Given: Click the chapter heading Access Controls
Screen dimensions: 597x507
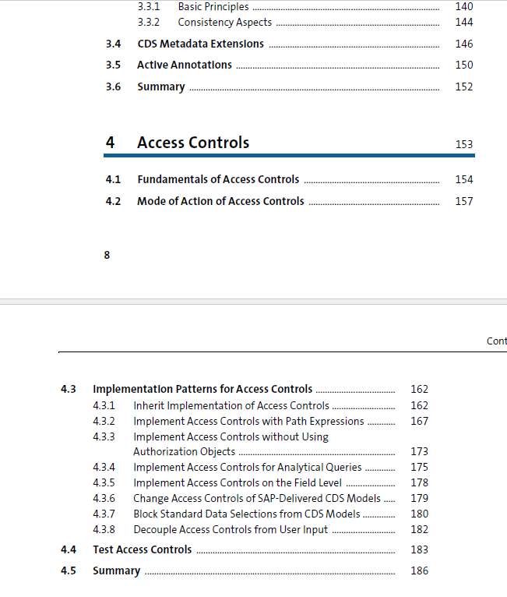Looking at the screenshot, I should (x=193, y=143).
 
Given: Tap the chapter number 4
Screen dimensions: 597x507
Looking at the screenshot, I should (x=110, y=143).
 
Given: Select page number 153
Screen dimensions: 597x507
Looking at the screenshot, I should (x=464, y=144).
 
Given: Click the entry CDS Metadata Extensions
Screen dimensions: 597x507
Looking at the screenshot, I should (x=200, y=44).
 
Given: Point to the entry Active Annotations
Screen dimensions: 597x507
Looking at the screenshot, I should (x=185, y=65).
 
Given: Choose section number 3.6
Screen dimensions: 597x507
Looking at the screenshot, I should (x=113, y=87).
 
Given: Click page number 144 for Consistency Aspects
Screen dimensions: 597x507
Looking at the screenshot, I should (x=464, y=22).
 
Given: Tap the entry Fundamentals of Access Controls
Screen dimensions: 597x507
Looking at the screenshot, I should (x=218, y=179).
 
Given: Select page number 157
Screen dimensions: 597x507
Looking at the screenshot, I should (x=464, y=201).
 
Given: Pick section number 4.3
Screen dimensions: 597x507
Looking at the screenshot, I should (x=69, y=389).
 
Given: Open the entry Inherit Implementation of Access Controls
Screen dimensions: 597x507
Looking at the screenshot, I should (x=231, y=405).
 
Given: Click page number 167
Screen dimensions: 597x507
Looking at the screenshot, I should (x=419, y=421).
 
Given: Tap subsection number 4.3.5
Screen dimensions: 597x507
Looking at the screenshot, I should (x=104, y=482).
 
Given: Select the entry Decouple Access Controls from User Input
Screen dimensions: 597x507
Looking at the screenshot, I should (x=231, y=529).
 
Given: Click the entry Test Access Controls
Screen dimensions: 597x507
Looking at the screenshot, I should (x=142, y=549).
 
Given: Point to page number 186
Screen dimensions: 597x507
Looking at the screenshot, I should (x=419, y=571).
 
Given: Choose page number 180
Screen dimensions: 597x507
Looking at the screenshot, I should (x=419, y=514).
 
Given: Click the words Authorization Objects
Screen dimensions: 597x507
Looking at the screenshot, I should (x=184, y=451).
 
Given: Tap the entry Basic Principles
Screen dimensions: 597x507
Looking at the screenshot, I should (x=213, y=6).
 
